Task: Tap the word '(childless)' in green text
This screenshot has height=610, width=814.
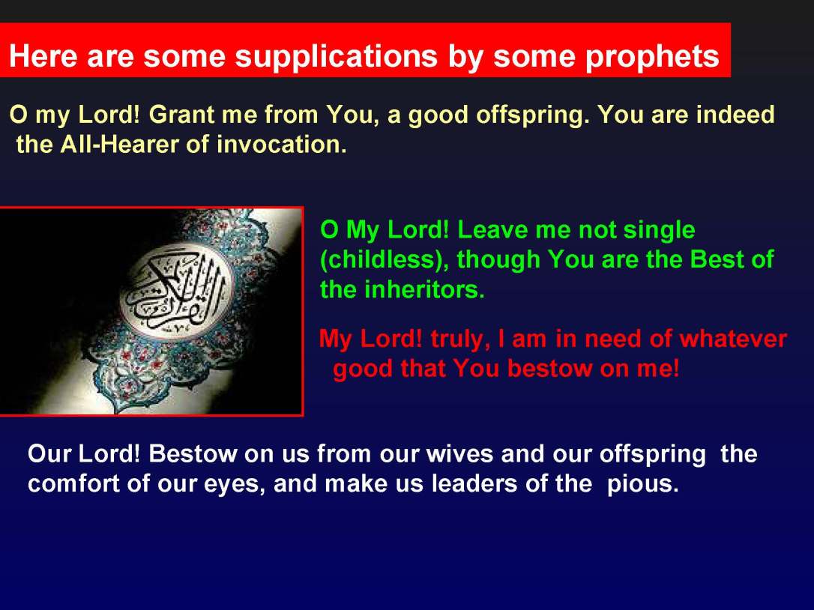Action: point(385,259)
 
